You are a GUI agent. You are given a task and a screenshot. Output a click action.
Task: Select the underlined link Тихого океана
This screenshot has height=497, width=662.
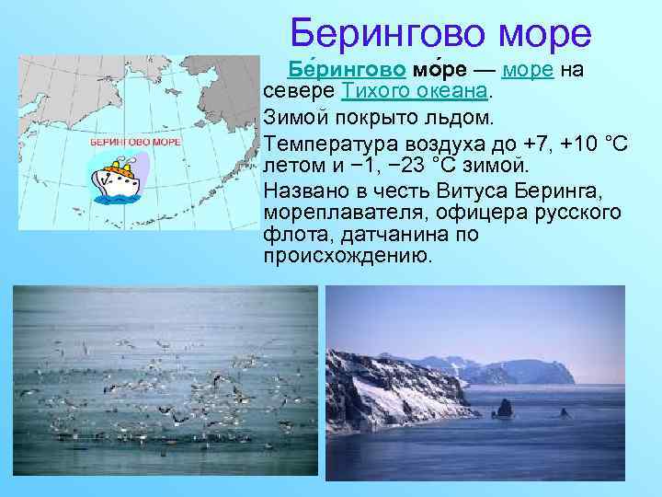point(416,93)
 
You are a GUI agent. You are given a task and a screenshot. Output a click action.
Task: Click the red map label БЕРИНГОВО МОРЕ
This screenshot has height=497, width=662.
point(135,143)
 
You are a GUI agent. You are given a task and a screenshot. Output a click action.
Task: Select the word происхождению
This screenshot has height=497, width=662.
point(347,256)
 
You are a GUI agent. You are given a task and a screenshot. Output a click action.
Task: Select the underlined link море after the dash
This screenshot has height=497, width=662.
point(528,70)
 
